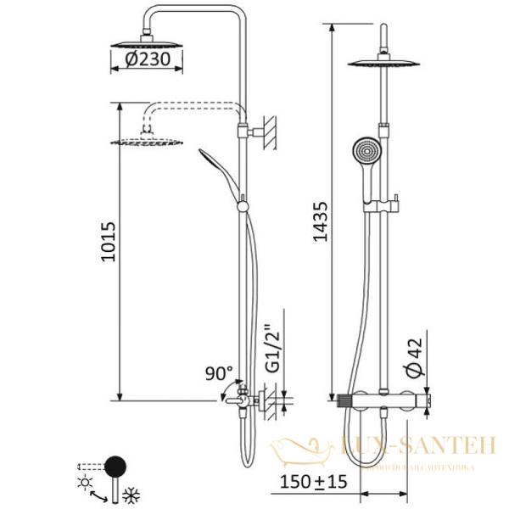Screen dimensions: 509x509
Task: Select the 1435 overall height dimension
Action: (x=320, y=223)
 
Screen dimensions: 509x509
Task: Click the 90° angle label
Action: (x=218, y=373)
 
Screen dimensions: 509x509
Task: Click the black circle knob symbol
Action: (x=114, y=464)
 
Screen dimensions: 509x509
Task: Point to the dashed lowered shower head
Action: (x=143, y=141)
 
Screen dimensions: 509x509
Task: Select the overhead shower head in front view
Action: (x=387, y=64)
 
